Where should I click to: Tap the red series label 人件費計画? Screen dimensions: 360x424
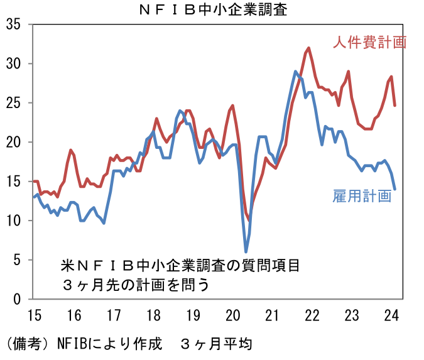[370, 42]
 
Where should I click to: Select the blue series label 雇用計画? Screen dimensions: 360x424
[362, 196]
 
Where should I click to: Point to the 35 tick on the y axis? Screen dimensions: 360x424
[13, 25]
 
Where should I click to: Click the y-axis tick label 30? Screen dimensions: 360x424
[13, 63]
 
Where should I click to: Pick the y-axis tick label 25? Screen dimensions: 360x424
[13, 103]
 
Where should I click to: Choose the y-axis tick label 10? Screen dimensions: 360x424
[13, 221]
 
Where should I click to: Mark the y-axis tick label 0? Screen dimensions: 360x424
[17, 299]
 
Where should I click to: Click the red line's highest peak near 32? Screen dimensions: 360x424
[308, 48]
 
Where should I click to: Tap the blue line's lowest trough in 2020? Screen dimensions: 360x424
[246, 251]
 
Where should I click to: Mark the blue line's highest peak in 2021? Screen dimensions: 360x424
[295, 72]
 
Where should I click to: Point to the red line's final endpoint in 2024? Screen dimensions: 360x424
[394, 105]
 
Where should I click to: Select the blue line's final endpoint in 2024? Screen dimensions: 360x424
[394, 188]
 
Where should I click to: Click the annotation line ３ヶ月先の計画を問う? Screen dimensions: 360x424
[135, 284]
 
